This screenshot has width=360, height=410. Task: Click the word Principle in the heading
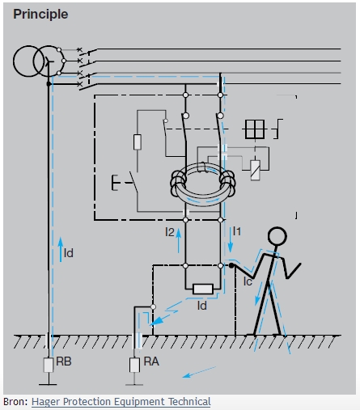click(x=40, y=15)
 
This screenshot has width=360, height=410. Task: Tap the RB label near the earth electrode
click(x=64, y=361)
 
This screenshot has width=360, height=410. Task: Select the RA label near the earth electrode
click(x=151, y=361)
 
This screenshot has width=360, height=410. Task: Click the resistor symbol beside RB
click(x=49, y=365)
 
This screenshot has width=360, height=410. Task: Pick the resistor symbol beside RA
click(x=134, y=365)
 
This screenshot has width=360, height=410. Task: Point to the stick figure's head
click(x=277, y=236)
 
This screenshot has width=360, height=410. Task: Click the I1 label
click(x=237, y=231)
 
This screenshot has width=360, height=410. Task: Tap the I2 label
click(x=170, y=232)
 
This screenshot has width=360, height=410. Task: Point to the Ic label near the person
click(x=248, y=281)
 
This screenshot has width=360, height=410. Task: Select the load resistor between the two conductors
click(x=203, y=290)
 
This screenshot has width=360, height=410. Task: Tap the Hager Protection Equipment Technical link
click(x=121, y=402)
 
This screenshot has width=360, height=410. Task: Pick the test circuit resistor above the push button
click(x=138, y=142)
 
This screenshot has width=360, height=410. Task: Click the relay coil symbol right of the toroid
click(x=255, y=170)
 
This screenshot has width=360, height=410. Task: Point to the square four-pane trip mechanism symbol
click(x=255, y=129)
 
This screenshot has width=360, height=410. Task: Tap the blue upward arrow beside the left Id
click(x=61, y=250)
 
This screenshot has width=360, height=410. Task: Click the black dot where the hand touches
click(x=231, y=265)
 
